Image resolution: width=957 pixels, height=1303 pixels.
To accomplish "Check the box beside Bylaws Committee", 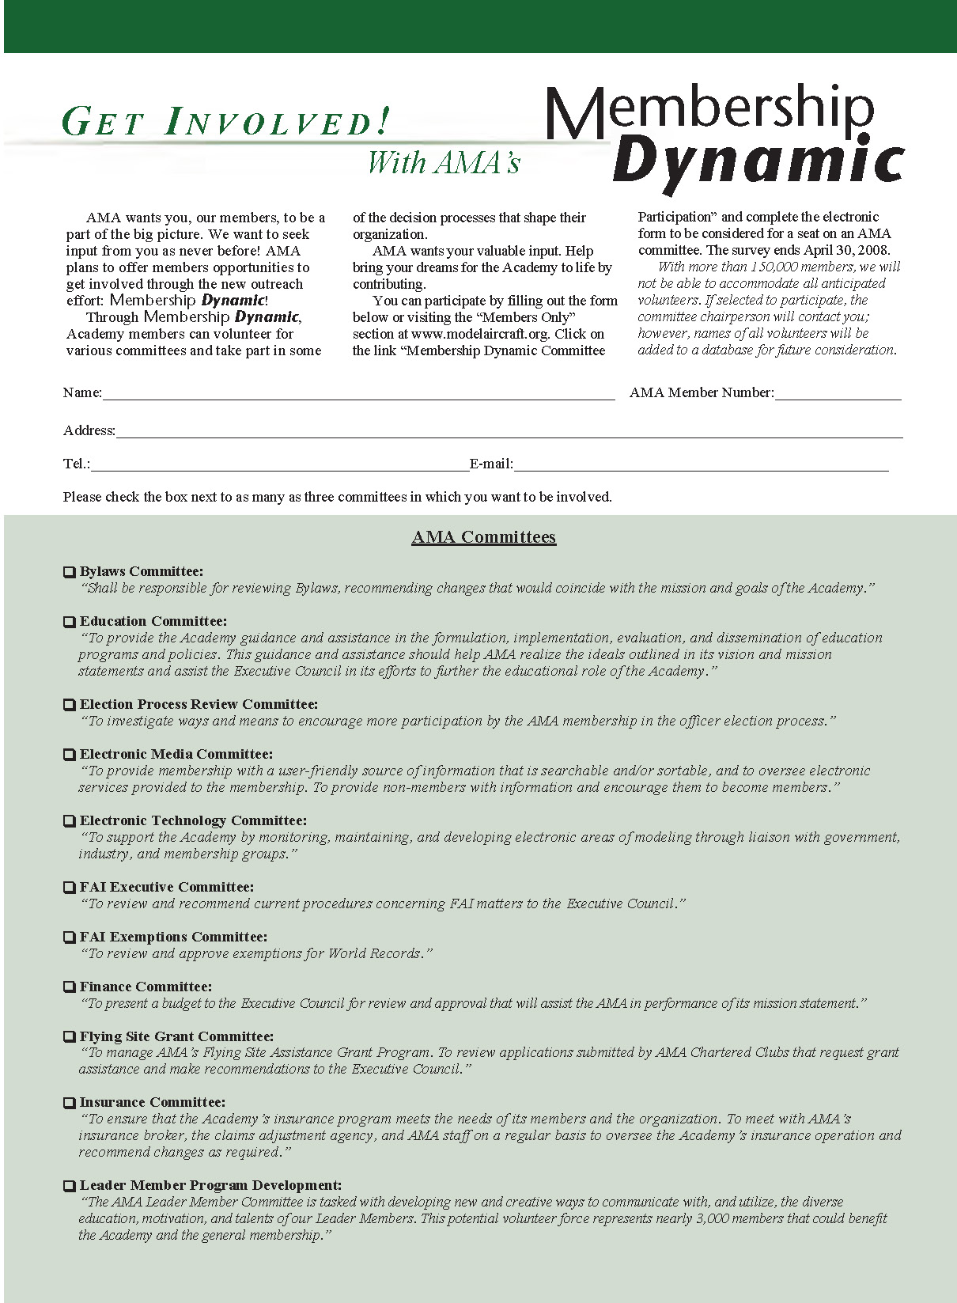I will click(x=70, y=572).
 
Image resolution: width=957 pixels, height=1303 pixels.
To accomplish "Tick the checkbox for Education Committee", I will click(x=70, y=622).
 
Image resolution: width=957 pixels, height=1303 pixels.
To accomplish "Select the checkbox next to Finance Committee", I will click(x=70, y=987).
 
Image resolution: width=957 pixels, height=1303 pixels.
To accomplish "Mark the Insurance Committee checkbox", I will click(x=70, y=1103).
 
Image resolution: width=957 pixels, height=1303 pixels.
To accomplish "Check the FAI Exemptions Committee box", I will click(x=70, y=937).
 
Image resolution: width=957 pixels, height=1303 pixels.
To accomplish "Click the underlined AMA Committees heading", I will click(x=484, y=537).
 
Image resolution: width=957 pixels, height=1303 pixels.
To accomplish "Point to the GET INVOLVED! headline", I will click(x=225, y=123).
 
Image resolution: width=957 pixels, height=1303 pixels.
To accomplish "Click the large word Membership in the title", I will click(x=709, y=110).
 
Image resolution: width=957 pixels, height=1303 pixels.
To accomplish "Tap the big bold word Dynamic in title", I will click(x=758, y=161).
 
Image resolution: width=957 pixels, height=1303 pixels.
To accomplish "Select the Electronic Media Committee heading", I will click(x=176, y=754).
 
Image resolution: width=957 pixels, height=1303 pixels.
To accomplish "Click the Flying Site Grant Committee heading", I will click(x=176, y=1036).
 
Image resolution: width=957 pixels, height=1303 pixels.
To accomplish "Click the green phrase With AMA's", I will click(x=444, y=162).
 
